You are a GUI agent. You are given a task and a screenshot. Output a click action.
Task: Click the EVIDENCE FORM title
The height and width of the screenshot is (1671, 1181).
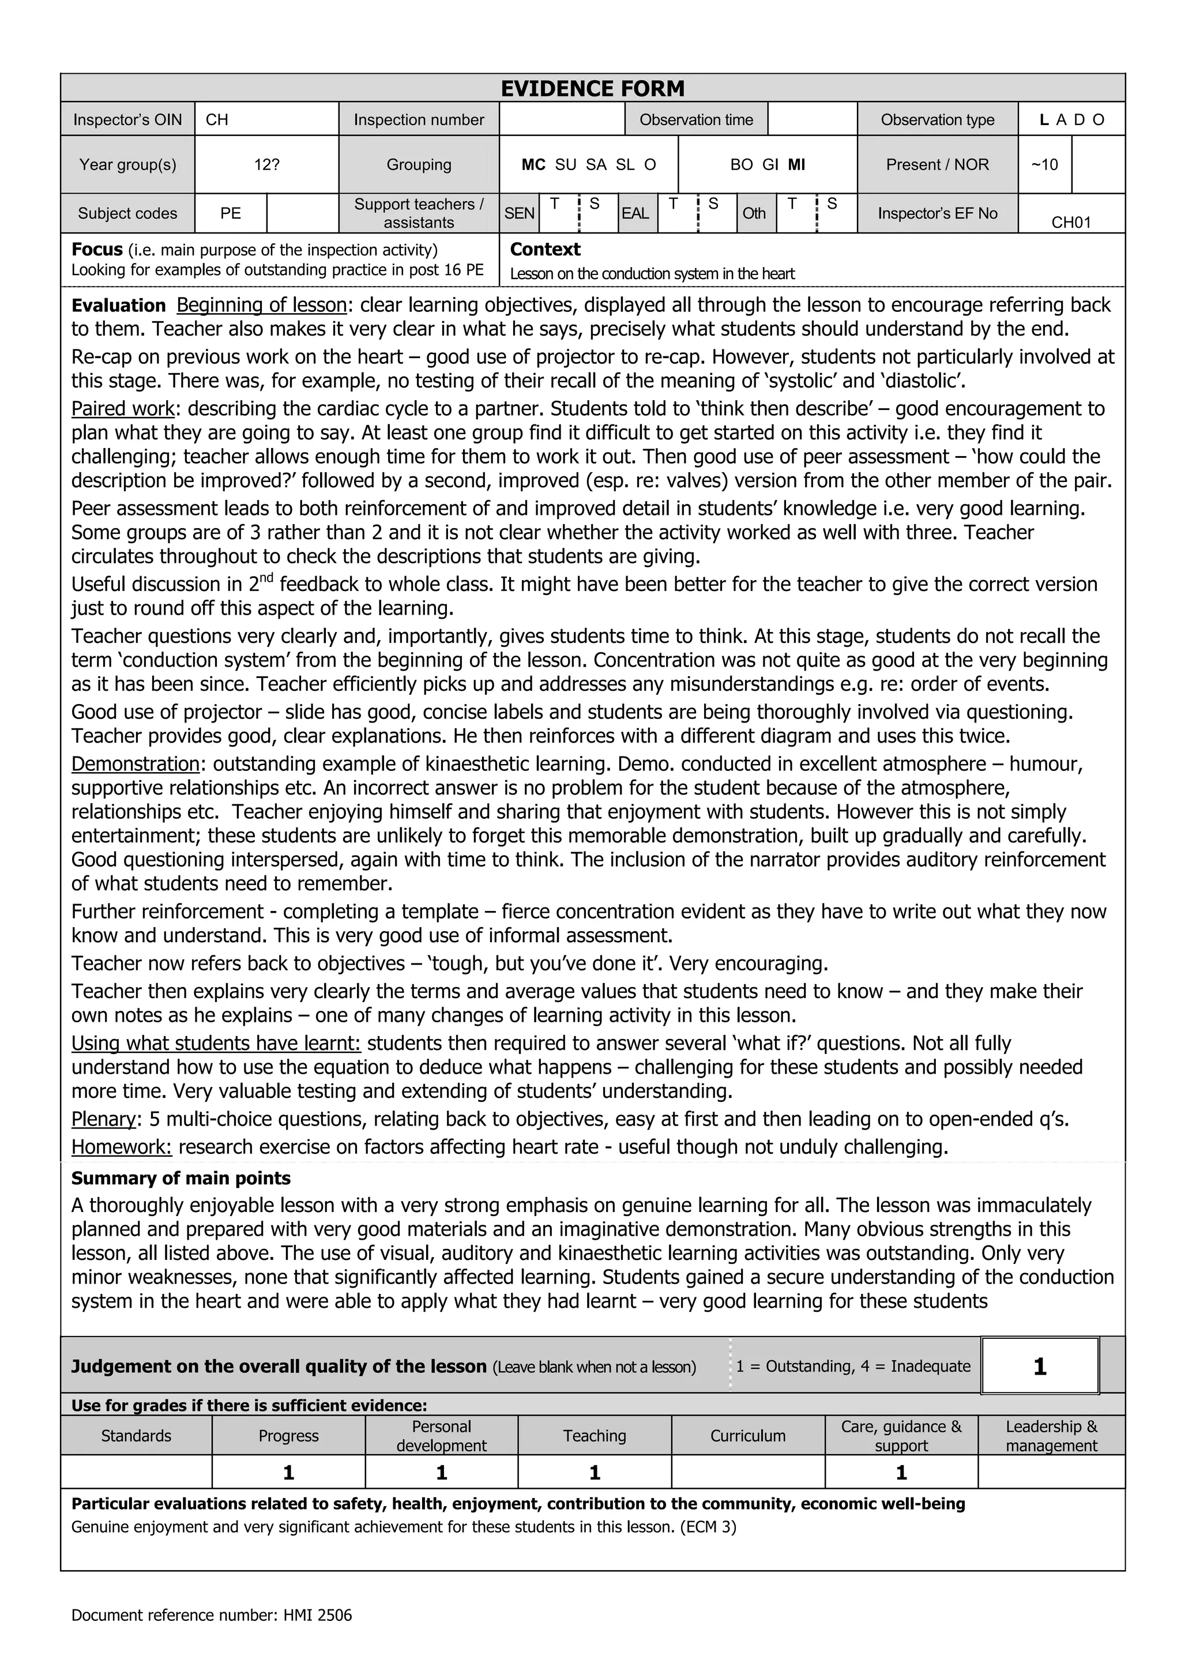(x=592, y=89)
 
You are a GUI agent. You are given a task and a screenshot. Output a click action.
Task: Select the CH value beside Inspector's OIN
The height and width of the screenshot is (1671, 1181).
(x=217, y=119)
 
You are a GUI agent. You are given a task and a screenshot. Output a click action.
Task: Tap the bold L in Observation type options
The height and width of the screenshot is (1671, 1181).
(x=1044, y=120)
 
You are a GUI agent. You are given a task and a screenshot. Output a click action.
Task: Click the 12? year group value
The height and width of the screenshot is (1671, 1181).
(x=266, y=164)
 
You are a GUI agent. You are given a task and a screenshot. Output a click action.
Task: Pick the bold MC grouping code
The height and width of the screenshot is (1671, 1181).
(x=533, y=164)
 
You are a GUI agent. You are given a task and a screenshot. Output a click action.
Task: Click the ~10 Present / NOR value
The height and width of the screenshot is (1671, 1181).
(x=1044, y=164)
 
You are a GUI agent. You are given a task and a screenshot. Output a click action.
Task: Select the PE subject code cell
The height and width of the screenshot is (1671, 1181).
(x=230, y=213)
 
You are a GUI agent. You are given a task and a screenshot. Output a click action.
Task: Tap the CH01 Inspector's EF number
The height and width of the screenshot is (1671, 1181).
(x=1071, y=222)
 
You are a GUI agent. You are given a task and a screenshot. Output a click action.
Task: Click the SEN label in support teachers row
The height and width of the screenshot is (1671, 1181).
(x=519, y=213)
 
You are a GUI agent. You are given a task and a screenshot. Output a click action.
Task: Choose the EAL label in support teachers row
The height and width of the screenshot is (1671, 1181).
(x=635, y=213)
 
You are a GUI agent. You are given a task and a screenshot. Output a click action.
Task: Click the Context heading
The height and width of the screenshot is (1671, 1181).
(x=545, y=250)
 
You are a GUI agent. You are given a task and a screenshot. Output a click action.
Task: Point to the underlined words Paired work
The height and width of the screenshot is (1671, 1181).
(x=123, y=408)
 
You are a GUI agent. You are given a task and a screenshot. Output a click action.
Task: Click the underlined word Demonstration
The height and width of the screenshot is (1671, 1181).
(x=136, y=763)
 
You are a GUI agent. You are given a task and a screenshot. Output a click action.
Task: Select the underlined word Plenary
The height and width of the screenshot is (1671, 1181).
(x=103, y=1119)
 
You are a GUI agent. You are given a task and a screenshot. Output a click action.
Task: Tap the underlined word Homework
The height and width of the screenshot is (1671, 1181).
(x=121, y=1147)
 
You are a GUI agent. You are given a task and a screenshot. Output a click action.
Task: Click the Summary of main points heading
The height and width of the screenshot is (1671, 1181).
(x=180, y=1178)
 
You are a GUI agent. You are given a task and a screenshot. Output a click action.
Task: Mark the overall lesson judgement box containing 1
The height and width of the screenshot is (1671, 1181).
(x=1039, y=1366)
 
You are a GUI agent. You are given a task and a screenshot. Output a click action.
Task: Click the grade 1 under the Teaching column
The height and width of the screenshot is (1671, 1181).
(x=595, y=1473)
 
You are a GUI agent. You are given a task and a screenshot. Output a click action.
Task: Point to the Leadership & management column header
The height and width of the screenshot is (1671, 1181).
(x=1051, y=1436)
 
